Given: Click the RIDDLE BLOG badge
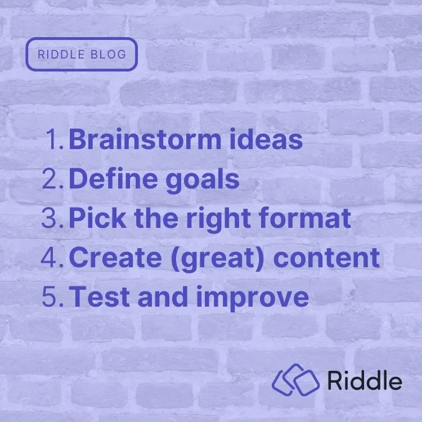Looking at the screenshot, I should (x=82, y=55).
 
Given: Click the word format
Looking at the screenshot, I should (x=304, y=219).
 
